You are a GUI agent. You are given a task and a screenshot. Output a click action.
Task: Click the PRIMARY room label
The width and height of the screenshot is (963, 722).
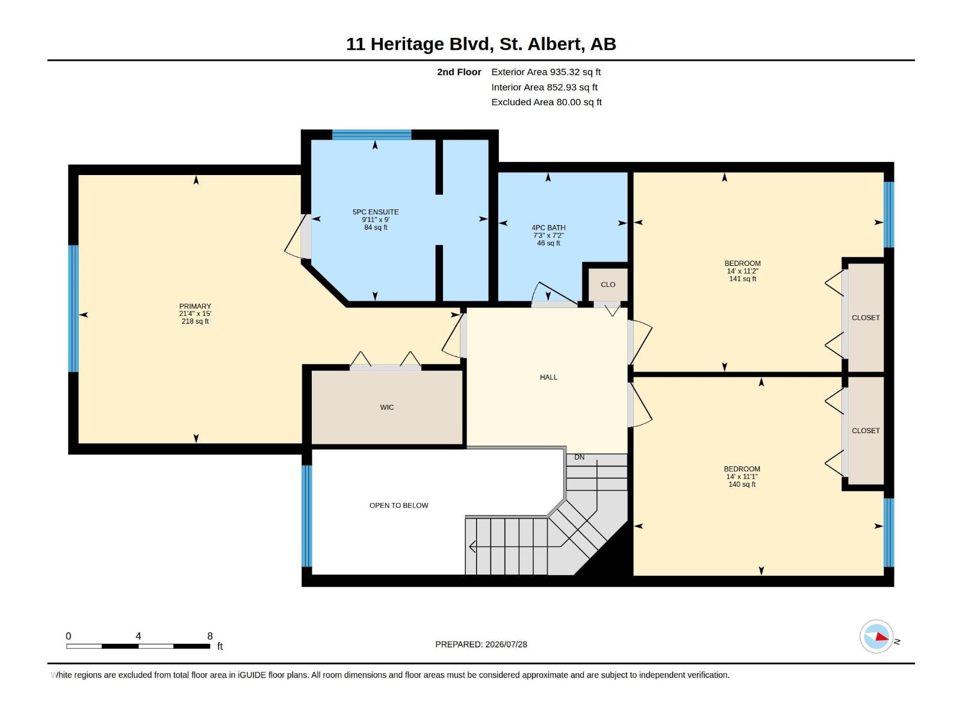pyautogui.click(x=195, y=306)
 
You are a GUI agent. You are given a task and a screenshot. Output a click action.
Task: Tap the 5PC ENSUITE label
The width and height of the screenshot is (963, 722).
pyautogui.click(x=376, y=212)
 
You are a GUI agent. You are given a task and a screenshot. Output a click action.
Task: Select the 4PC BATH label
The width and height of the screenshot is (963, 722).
pyautogui.click(x=548, y=227)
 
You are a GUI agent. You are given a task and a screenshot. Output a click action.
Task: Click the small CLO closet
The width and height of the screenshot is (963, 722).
pyautogui.click(x=608, y=285)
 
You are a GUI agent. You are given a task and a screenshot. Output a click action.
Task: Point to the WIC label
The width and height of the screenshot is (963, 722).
pyautogui.click(x=386, y=407)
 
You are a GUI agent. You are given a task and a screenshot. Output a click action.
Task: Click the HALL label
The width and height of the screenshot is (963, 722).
pyautogui.click(x=548, y=377)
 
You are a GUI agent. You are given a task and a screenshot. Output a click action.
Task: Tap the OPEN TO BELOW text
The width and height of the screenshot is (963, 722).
pyautogui.click(x=399, y=505)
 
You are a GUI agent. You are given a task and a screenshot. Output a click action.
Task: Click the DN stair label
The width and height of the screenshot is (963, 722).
pyautogui.click(x=579, y=457)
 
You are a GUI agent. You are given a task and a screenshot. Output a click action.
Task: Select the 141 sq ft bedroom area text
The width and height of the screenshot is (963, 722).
pyautogui.click(x=742, y=279)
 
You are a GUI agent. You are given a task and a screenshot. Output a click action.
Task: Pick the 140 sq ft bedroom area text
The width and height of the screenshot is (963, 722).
pyautogui.click(x=742, y=484)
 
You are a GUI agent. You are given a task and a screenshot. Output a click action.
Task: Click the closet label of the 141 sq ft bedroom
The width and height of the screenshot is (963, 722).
pyautogui.click(x=865, y=318)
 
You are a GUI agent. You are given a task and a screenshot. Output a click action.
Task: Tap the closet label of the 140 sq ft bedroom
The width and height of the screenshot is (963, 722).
pyautogui.click(x=865, y=431)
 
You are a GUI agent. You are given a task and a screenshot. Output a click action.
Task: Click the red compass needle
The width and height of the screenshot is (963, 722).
pyautogui.click(x=882, y=637)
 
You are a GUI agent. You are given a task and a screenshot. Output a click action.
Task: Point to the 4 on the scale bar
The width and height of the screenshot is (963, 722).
pyautogui.click(x=138, y=636)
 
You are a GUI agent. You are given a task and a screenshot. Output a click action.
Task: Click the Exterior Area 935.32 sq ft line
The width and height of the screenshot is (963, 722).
pyautogui.click(x=546, y=72)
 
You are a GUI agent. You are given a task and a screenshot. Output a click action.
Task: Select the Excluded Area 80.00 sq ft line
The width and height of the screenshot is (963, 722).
pyautogui.click(x=547, y=102)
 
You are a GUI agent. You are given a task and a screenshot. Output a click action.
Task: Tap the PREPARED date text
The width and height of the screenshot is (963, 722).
pyautogui.click(x=481, y=644)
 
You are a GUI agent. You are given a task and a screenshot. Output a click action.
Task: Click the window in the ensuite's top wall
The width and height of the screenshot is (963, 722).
pyautogui.click(x=371, y=135)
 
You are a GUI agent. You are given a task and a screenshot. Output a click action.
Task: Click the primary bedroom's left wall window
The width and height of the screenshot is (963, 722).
pyautogui.click(x=73, y=309)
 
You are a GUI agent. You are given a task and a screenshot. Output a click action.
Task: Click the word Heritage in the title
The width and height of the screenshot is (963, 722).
pyautogui.click(x=407, y=45)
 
